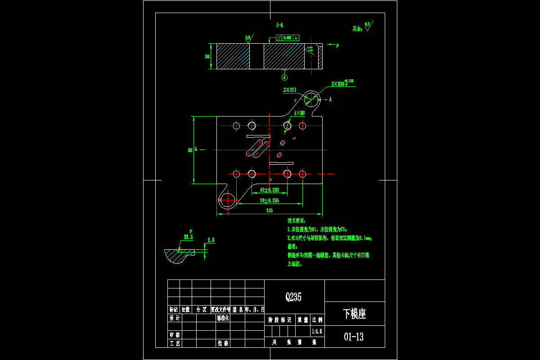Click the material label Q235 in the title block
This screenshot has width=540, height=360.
[x=293, y=297]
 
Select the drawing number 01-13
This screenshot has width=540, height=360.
[x=354, y=337]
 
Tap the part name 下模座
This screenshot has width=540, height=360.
[x=354, y=314]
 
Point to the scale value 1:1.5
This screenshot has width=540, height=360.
[x=317, y=331]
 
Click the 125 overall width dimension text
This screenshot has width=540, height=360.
[x=270, y=210]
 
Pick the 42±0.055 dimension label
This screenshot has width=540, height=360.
[x=270, y=189]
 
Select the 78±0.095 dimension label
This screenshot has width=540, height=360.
[x=270, y=200]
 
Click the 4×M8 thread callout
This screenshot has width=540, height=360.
[x=299, y=113]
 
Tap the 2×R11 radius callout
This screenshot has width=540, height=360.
[x=289, y=90]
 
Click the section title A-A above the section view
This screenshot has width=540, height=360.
[x=279, y=25]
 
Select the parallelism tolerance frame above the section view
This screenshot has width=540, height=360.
[x=288, y=38]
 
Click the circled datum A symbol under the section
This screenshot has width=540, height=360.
[x=284, y=77]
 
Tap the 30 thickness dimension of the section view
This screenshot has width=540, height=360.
[x=207, y=56]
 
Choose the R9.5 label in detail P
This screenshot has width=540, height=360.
[x=188, y=236]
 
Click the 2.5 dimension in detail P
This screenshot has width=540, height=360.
[x=211, y=240]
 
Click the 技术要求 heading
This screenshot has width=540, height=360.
[x=296, y=221]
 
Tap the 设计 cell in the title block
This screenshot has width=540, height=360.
[x=174, y=318]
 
